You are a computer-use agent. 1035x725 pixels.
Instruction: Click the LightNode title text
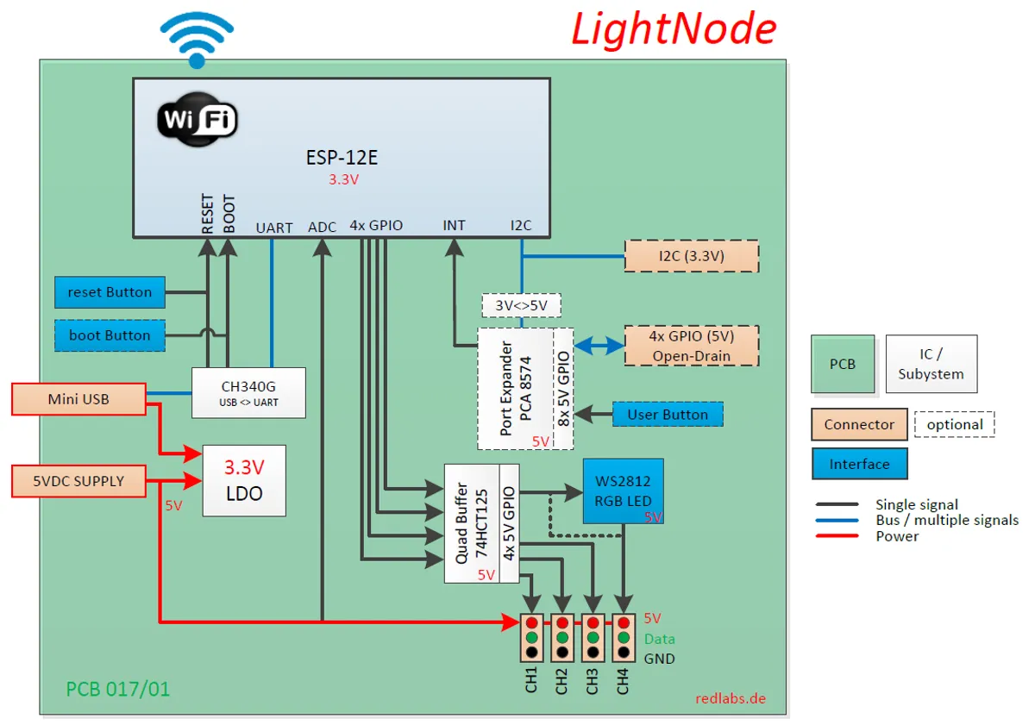tap(674, 29)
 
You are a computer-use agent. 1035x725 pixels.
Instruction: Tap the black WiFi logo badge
tap(197, 118)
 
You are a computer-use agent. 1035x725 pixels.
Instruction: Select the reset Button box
tap(110, 292)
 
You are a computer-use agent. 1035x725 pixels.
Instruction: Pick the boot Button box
tap(110, 335)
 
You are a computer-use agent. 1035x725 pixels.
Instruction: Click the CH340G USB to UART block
tap(248, 393)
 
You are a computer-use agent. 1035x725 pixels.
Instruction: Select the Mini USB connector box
tap(78, 399)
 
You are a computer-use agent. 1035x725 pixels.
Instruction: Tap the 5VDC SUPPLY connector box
tap(78, 481)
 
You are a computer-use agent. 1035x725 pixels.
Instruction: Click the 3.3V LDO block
tap(244, 480)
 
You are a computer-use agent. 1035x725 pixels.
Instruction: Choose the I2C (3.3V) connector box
tap(691, 256)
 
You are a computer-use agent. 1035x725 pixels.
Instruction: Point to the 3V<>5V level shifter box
tap(521, 305)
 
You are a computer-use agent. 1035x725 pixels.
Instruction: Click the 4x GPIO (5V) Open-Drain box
tap(691, 346)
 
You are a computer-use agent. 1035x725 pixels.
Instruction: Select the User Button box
tap(668, 415)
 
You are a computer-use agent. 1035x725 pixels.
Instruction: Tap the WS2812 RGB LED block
tap(623, 491)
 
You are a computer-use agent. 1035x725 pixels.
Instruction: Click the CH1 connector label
tap(531, 680)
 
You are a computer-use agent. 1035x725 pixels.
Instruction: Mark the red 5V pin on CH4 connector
tap(623, 622)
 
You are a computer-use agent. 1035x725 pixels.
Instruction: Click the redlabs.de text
tap(731, 698)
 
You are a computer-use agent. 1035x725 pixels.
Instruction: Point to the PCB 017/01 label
tap(118, 689)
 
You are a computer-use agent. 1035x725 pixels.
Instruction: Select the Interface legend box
tap(859, 464)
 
